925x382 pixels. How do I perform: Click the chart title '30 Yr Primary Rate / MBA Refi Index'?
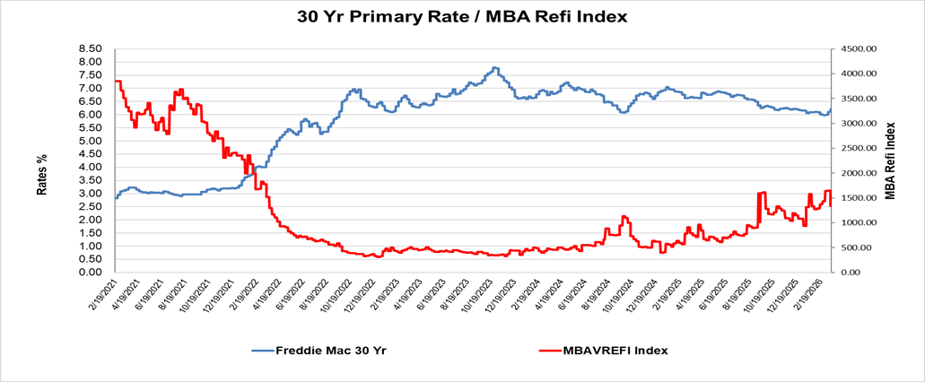[x=462, y=16]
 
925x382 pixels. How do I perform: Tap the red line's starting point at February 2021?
[x=116, y=82]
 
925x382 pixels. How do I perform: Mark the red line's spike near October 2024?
[x=623, y=216]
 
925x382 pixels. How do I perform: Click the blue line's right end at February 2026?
[x=831, y=109]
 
